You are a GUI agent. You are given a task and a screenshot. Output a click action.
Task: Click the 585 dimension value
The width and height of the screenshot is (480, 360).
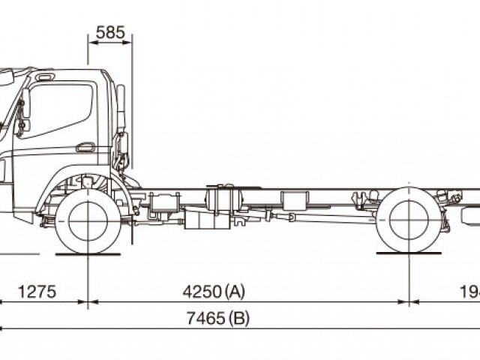(111, 32)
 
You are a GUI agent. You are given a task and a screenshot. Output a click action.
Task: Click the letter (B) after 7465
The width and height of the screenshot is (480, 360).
(239, 318)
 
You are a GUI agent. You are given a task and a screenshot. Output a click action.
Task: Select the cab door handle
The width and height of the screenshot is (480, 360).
(85, 147)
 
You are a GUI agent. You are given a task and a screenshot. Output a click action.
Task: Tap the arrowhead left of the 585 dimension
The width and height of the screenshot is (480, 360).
(91, 43)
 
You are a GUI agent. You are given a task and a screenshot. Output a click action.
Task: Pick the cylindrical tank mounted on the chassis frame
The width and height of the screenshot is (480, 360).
(224, 202)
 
